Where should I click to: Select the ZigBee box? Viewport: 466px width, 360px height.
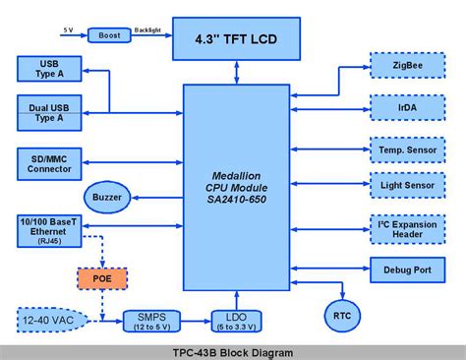(x=407, y=68)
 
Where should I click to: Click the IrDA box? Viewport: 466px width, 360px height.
(x=407, y=106)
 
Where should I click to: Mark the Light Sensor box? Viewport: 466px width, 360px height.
(x=407, y=183)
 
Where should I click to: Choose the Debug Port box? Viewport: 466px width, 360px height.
(x=407, y=269)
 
